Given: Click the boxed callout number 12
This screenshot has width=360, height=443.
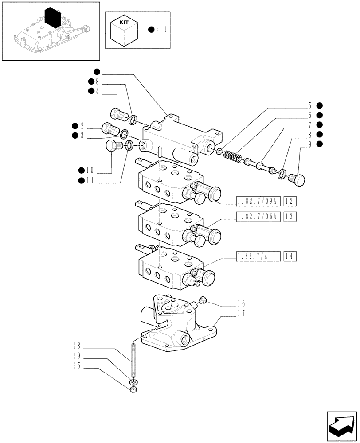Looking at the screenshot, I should pyautogui.click(x=290, y=202).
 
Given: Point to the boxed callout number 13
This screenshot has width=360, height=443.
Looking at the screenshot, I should pyautogui.click(x=290, y=216).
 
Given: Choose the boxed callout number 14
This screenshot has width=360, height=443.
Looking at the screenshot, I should pyautogui.click(x=290, y=256).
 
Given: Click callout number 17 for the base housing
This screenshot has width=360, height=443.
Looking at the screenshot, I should pyautogui.click(x=241, y=313).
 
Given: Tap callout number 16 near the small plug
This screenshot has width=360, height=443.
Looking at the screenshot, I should pyautogui.click(x=241, y=304).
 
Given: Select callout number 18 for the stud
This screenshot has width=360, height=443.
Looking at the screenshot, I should pyautogui.click(x=77, y=346).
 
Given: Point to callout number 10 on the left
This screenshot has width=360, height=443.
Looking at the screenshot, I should pyautogui.click(x=90, y=170).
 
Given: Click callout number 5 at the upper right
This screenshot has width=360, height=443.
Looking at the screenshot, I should pyautogui.click(x=310, y=105).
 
